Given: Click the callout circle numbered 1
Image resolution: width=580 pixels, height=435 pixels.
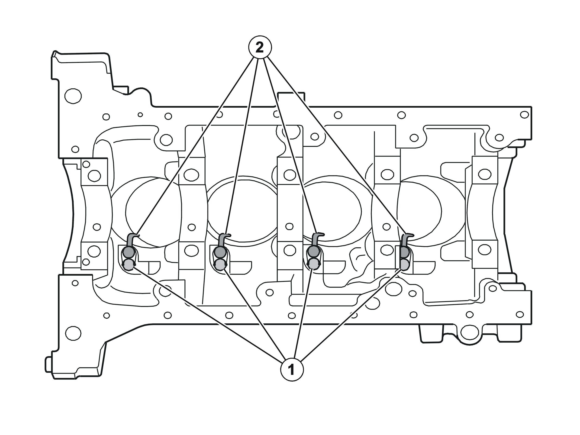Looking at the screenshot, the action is point(292,369).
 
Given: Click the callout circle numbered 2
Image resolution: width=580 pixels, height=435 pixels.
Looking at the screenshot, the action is point(260,47).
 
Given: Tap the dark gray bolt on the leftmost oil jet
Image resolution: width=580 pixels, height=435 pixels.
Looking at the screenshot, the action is point(129,252).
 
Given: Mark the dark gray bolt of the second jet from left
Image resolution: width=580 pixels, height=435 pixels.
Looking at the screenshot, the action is point(220,252).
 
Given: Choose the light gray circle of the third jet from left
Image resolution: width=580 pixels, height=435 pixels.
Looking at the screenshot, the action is point(313,264).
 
